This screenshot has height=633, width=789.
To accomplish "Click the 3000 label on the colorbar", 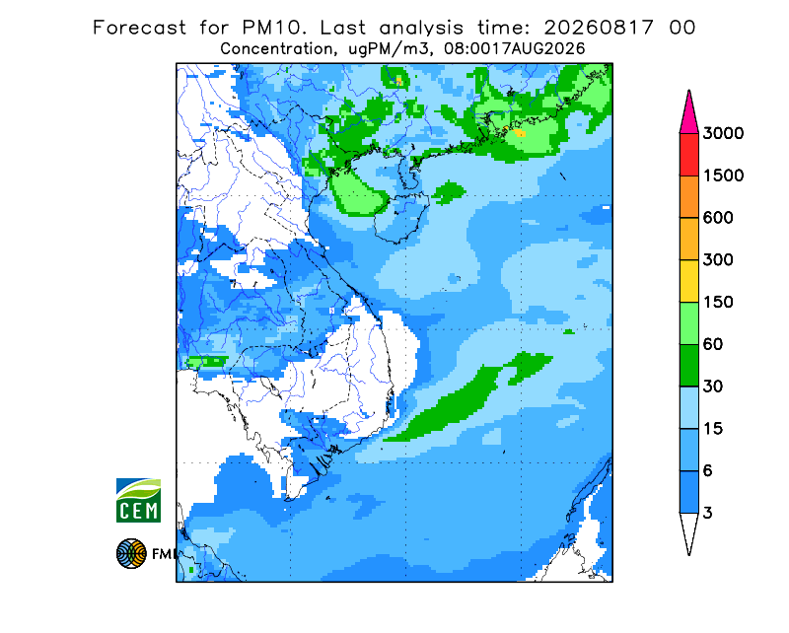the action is (x=723, y=133).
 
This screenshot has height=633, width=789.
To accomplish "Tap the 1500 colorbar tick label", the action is (x=723, y=176).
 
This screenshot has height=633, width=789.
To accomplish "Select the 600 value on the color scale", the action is (x=718, y=218).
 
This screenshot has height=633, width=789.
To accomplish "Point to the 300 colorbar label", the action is (x=718, y=260).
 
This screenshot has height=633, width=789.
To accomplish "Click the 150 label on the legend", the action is (x=718, y=303).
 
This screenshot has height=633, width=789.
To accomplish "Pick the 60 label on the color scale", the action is (x=713, y=345).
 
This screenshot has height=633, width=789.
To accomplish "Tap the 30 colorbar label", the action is (x=713, y=387).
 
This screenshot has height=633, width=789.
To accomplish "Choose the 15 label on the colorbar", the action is (x=713, y=429).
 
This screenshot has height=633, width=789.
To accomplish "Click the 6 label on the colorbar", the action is (x=708, y=471).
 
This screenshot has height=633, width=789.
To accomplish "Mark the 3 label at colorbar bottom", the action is (x=708, y=514).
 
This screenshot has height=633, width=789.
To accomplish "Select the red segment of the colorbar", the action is (x=688, y=155).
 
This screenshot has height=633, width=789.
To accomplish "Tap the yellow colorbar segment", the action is (x=688, y=281).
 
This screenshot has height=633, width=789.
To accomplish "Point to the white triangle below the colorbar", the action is (x=688, y=529).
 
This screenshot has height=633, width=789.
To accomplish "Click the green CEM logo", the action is (x=138, y=500).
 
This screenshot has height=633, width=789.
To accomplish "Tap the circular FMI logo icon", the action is (x=131, y=553).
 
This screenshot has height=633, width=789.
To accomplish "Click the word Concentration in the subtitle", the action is (x=276, y=49).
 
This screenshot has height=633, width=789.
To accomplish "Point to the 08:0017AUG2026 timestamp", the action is (x=514, y=49).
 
